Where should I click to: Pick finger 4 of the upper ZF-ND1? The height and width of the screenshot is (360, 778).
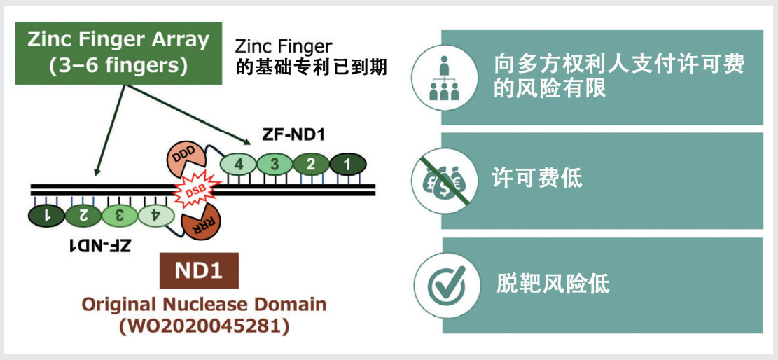pyautogui.click(x=238, y=165)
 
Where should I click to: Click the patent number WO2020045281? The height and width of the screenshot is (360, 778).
pyautogui.click(x=204, y=326)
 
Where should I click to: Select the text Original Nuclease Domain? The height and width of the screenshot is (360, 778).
pyautogui.click(x=204, y=305)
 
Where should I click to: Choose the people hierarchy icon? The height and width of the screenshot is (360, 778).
pyautogui.click(x=444, y=77)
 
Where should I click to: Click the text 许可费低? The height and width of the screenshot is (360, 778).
pyautogui.click(x=538, y=179)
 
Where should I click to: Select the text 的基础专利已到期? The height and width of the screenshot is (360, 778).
pyautogui.click(x=312, y=68)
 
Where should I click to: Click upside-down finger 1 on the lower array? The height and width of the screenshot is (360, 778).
pyautogui.click(x=45, y=216)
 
